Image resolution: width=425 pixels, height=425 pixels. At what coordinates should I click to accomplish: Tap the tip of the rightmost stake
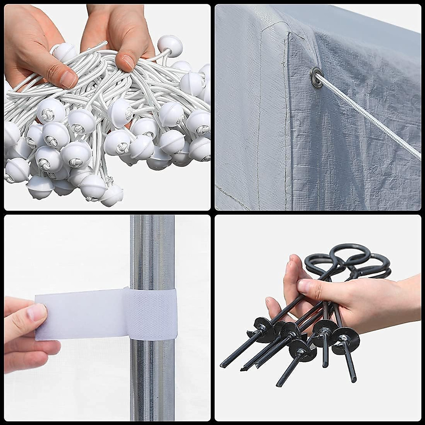[x=354, y=380]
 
